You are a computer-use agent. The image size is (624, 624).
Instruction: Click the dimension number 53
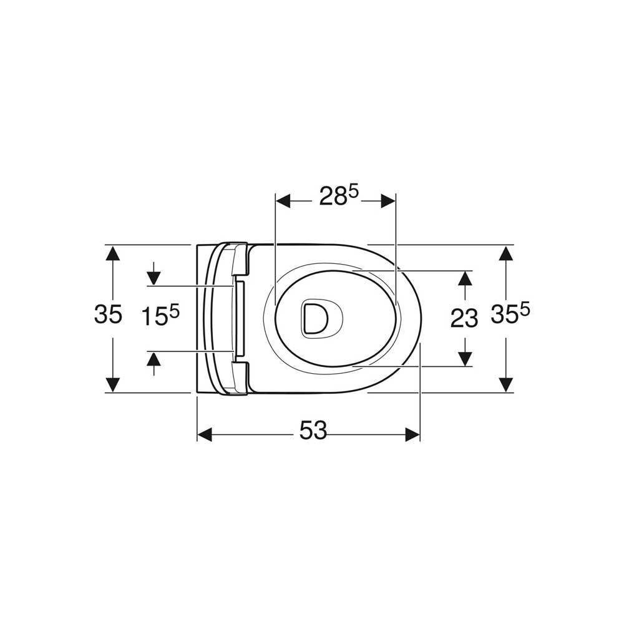click(x=313, y=431)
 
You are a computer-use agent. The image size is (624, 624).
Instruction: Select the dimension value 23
click(x=464, y=319)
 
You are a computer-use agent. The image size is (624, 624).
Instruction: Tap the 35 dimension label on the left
click(x=108, y=314)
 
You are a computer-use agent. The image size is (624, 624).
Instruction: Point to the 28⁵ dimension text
click(x=339, y=196)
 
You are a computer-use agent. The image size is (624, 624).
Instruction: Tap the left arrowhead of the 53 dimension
click(x=204, y=434)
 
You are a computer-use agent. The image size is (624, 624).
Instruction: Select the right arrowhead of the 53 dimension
click(x=412, y=434)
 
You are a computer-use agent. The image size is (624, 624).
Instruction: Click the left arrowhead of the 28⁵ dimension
click(x=283, y=201)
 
